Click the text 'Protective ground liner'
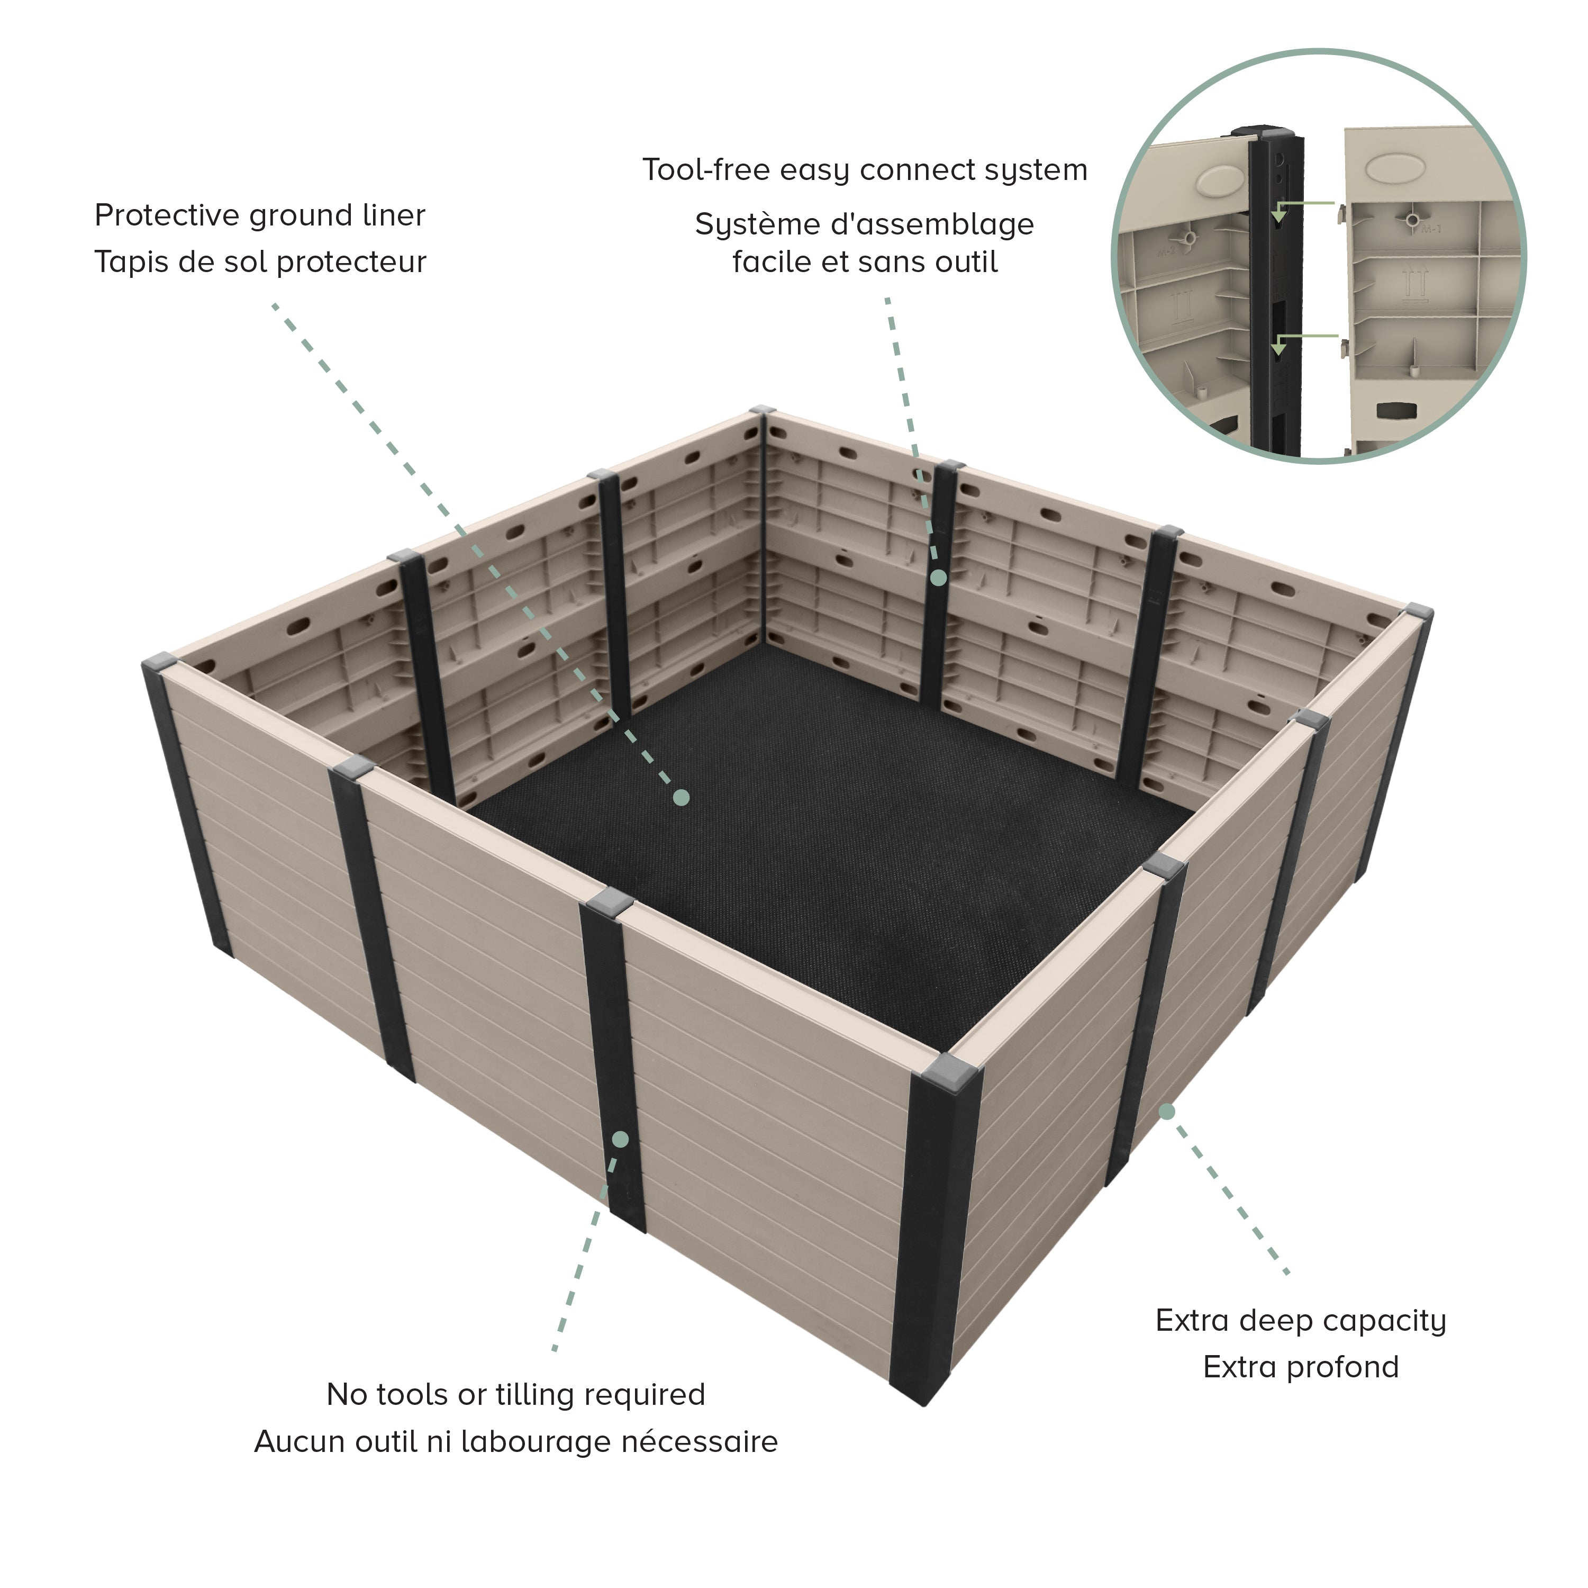coord(260,215)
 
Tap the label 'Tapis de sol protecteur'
coord(260,263)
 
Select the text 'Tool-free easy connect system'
coord(865,170)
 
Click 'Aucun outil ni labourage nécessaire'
coord(515,1441)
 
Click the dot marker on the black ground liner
coord(682,797)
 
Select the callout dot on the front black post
coord(621,1139)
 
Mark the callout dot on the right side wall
coord(1166,1112)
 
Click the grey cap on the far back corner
coord(762,410)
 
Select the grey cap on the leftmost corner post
coord(160,661)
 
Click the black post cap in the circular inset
coord(1261,132)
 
